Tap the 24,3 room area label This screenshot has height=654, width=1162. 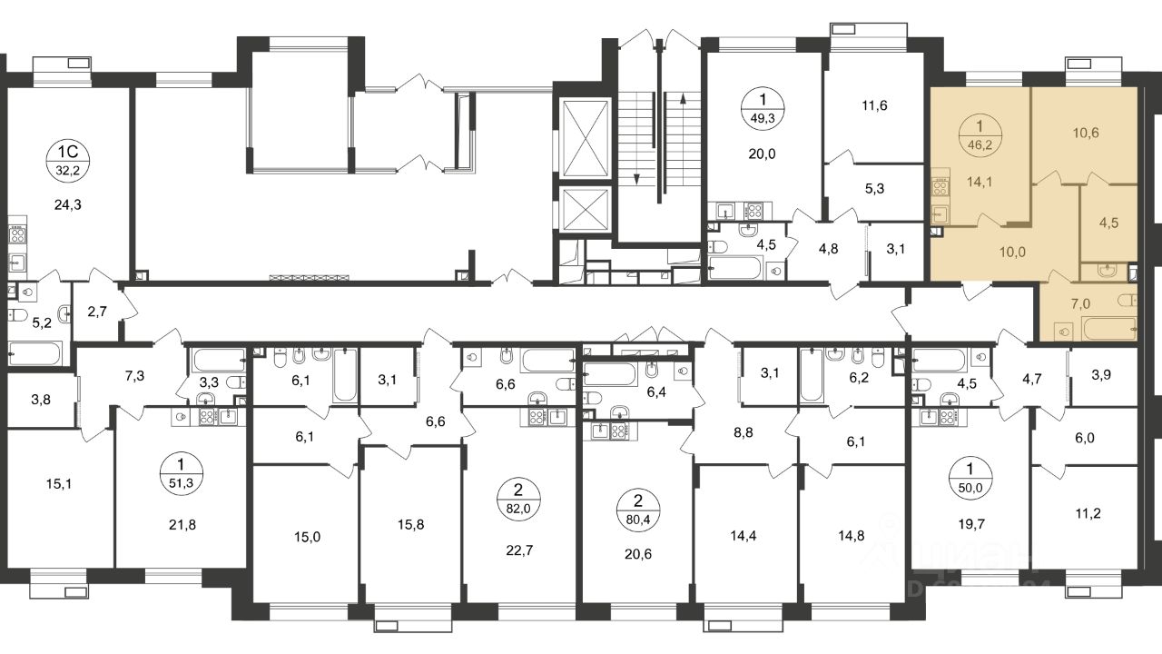68,205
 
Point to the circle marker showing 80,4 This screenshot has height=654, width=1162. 638,510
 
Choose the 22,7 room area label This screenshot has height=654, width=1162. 519,550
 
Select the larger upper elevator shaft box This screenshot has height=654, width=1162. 586,139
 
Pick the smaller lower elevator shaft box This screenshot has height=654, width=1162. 586,209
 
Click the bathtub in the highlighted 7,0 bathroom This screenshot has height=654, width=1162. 1109,328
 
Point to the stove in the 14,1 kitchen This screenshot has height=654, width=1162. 940,186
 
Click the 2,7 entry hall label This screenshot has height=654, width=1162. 97,312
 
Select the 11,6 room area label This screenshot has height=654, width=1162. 874,106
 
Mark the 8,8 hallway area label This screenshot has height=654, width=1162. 743,432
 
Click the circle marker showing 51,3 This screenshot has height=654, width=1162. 182,473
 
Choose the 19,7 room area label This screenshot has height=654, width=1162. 971,524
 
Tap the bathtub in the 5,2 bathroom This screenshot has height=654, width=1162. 35,353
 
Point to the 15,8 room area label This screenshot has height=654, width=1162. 411,524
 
